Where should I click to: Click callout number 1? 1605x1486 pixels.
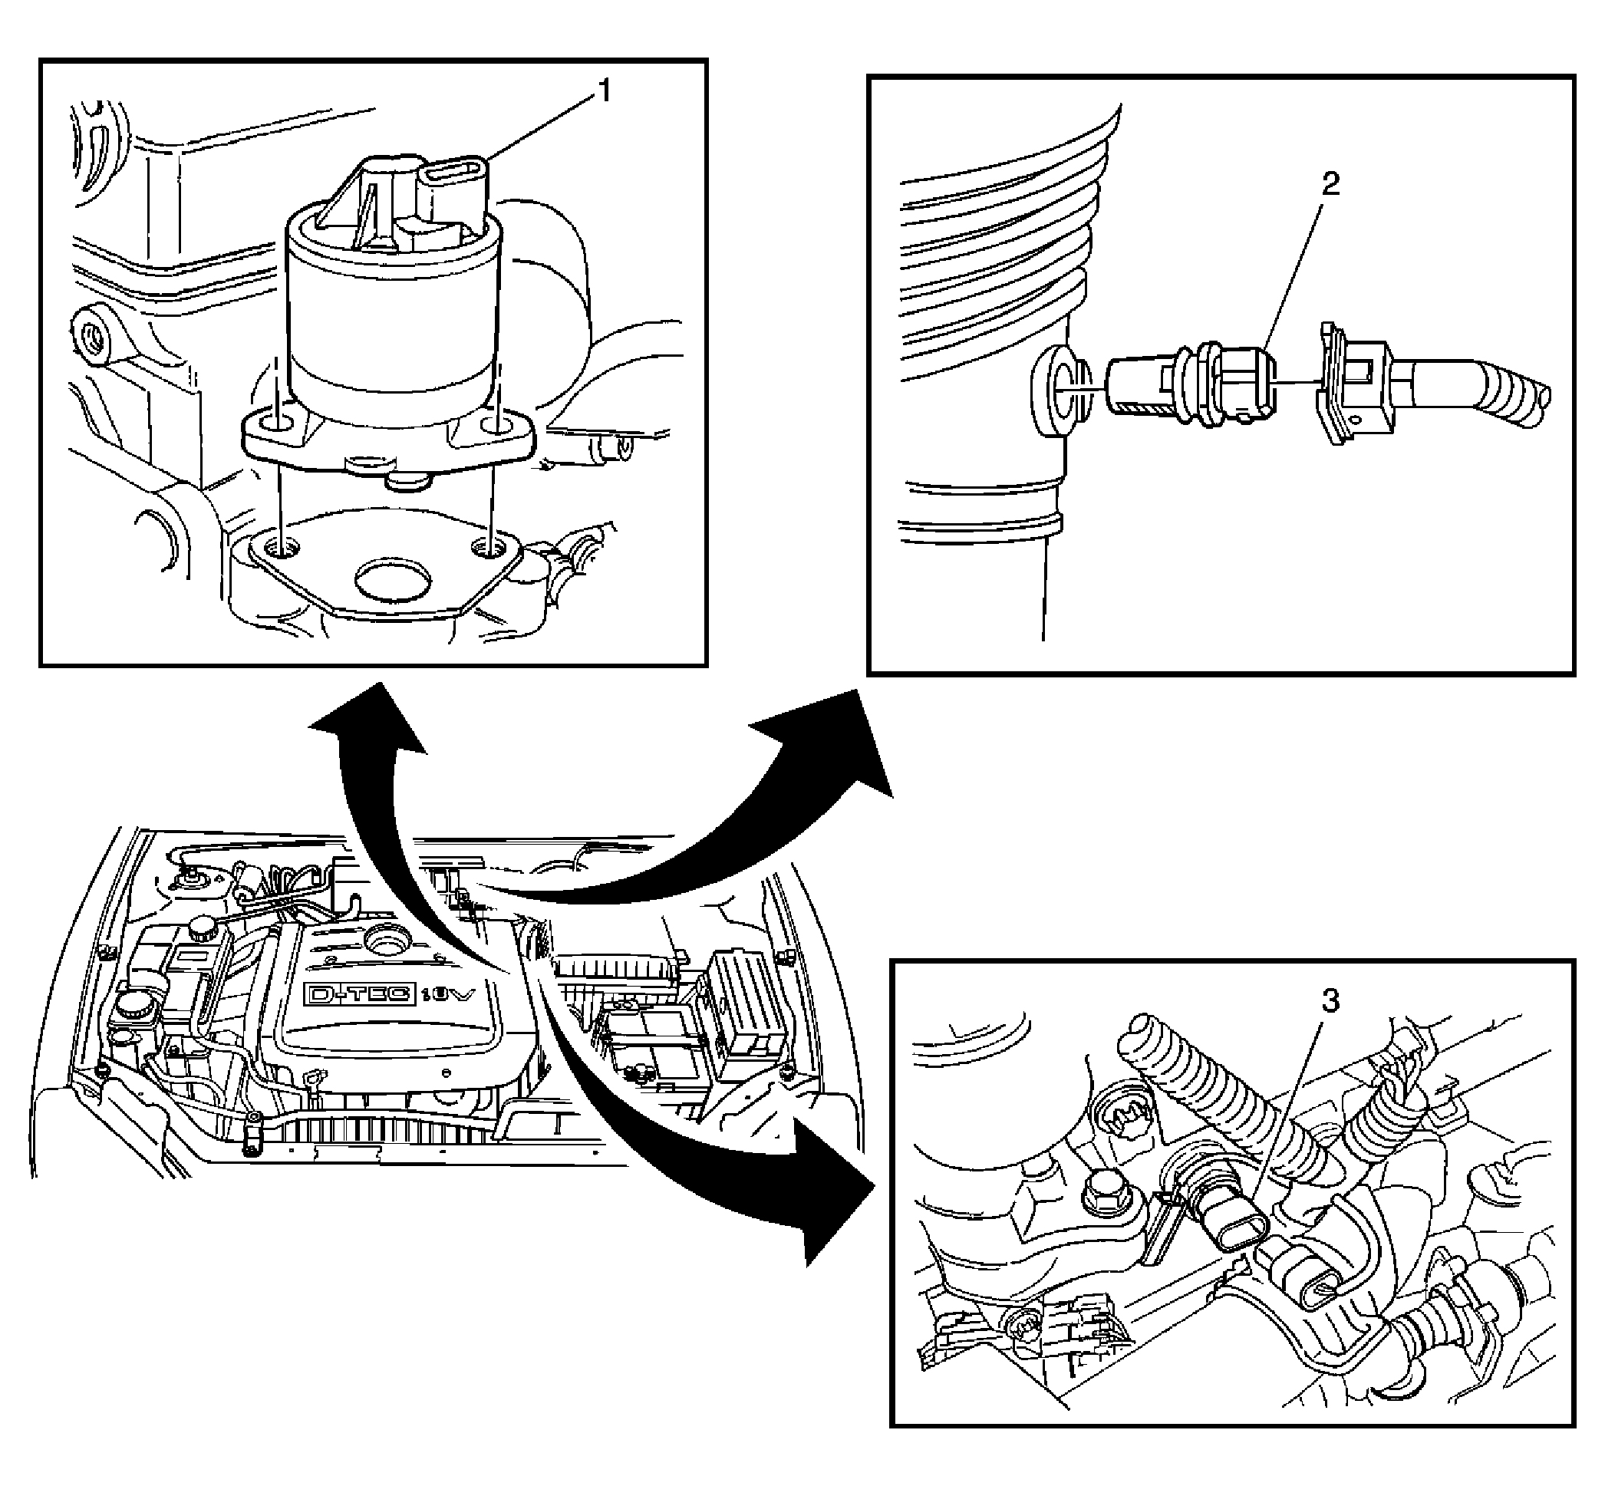[604, 91]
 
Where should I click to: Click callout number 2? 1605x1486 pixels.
[1331, 185]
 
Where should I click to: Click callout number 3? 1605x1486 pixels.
[1331, 1001]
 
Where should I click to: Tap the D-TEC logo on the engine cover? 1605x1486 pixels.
[358, 995]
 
